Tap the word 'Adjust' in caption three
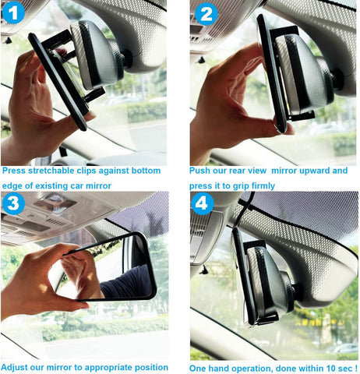(x=16, y=366)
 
